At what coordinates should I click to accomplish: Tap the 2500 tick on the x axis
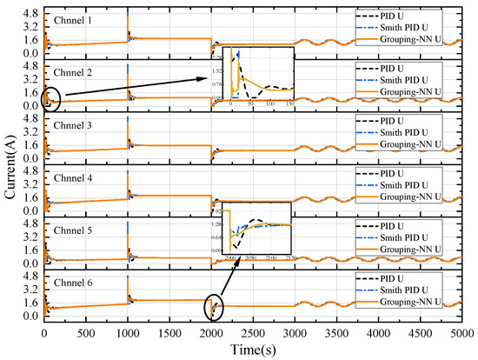pos(256,333)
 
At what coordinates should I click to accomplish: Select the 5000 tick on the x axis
pos(466,333)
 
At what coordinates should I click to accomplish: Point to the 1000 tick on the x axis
pos(129,333)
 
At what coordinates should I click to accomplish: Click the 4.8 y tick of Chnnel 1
pos(30,12)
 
